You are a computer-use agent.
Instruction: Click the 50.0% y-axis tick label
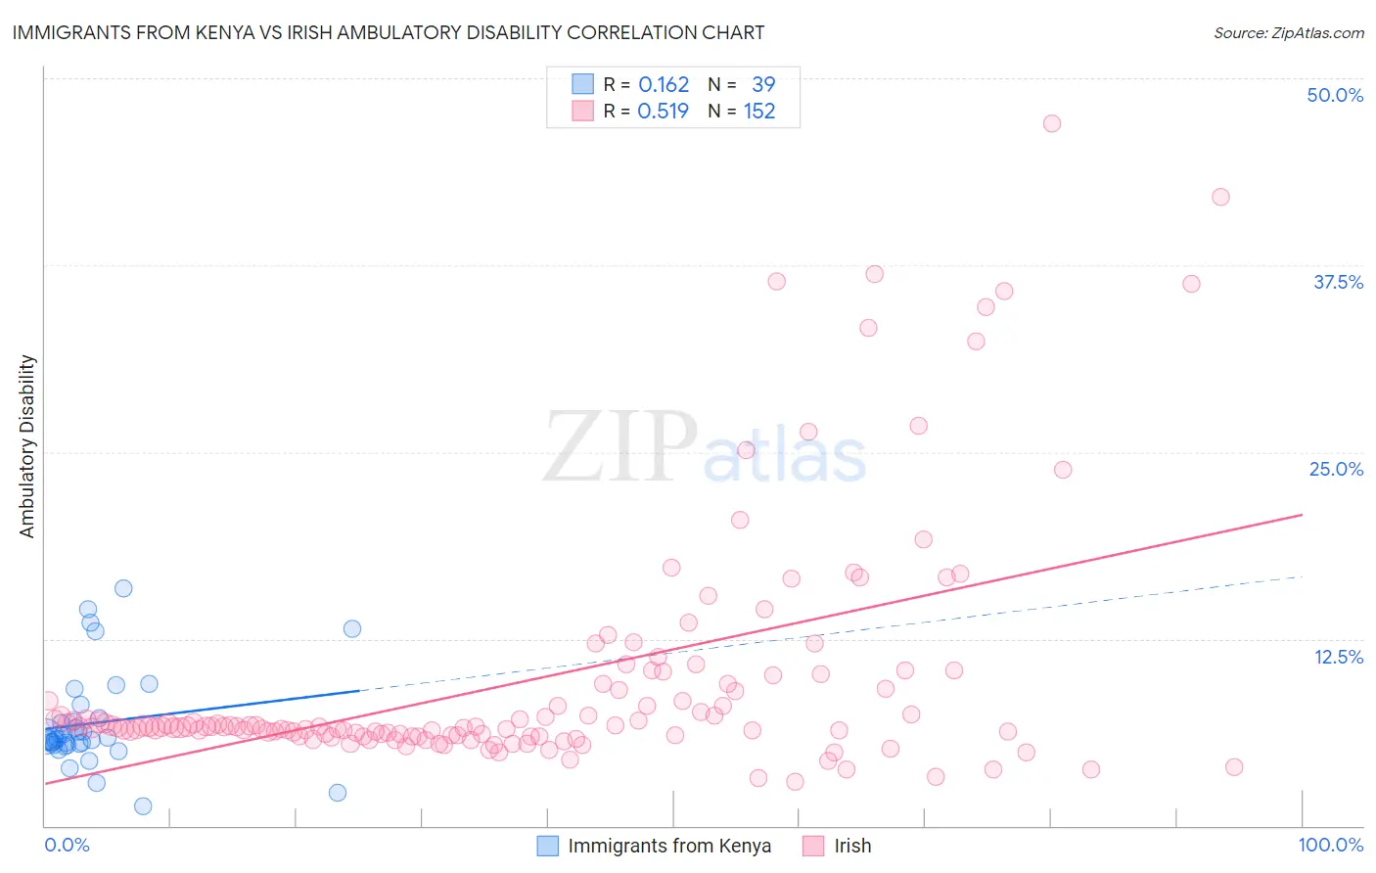(1335, 95)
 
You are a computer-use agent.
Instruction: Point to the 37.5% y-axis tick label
(1338, 282)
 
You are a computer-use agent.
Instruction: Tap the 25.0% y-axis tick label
(1336, 469)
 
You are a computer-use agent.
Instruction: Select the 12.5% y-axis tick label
(1338, 657)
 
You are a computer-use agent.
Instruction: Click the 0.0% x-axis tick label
(67, 845)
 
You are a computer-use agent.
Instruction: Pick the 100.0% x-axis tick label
(1330, 845)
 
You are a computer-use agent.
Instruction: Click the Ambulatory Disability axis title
(27, 446)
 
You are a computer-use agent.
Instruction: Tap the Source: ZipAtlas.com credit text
(1288, 32)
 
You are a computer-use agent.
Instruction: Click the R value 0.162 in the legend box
(664, 84)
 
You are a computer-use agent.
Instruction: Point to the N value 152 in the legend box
(759, 111)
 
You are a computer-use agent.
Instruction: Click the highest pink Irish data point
(1052, 123)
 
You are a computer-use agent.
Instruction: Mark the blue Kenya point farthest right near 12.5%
(352, 628)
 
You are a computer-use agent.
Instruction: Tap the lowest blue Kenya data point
(143, 806)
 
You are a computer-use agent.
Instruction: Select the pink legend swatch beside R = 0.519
(582, 111)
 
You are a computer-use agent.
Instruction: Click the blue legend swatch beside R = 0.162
(582, 84)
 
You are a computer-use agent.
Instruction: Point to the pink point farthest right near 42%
(1220, 197)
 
